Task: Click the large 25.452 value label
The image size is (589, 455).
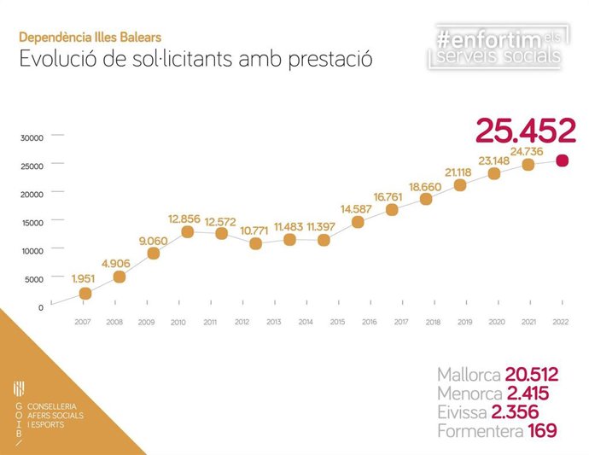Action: [525, 131]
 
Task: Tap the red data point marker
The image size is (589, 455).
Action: [562, 160]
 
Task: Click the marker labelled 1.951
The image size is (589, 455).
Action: [85, 294]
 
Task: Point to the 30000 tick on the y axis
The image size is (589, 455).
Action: [32, 137]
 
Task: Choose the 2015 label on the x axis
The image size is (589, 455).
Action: [337, 322]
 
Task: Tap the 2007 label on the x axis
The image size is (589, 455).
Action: [83, 322]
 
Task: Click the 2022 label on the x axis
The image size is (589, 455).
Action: [560, 322]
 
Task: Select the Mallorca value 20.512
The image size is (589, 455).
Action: [531, 375]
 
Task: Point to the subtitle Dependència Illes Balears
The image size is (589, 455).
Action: [90, 38]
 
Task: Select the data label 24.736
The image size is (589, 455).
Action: [528, 150]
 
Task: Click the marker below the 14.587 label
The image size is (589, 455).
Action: [358, 222]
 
